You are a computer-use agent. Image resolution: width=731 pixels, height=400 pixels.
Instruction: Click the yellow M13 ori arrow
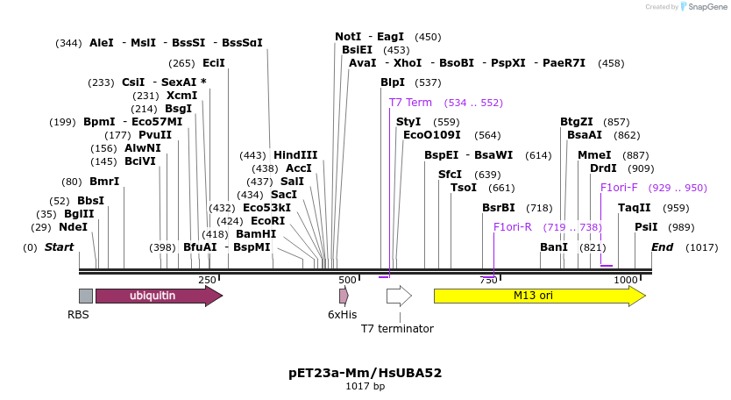[539, 296]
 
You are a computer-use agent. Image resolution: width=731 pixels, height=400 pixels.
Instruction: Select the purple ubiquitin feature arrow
[158, 296]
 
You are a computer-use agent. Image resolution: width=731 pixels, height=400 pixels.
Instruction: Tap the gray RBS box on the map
[85, 296]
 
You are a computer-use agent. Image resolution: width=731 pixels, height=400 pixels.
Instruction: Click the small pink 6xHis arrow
[344, 296]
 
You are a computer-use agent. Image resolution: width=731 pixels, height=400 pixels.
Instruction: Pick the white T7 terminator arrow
[399, 296]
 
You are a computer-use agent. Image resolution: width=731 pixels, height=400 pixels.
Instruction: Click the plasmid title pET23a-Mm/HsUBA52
[365, 373]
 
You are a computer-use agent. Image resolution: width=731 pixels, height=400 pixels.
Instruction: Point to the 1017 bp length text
[365, 386]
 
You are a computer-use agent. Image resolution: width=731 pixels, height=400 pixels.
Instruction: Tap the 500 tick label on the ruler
[347, 280]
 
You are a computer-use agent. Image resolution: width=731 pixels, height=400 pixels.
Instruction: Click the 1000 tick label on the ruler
[625, 280]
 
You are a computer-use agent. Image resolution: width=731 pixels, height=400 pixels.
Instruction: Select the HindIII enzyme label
[295, 155]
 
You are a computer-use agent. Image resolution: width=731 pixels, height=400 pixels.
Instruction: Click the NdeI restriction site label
[73, 227]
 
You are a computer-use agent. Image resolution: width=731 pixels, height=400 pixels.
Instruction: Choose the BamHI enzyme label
[256, 234]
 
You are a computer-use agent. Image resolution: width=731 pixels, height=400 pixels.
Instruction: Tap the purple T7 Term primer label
[410, 103]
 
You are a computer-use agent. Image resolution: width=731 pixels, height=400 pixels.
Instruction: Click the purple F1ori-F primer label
[619, 188]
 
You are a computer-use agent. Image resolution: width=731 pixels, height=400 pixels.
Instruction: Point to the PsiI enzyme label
[646, 227]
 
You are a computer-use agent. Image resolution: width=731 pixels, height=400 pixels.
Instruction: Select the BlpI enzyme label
[393, 82]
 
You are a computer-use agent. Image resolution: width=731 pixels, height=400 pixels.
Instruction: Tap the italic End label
[662, 247]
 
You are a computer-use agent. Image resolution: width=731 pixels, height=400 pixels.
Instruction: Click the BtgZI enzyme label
[577, 122]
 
